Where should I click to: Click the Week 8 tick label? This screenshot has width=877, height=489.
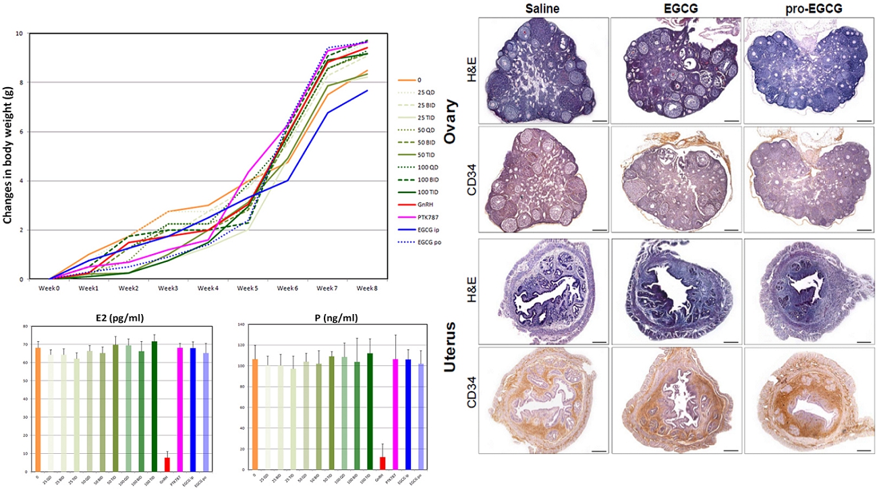coord(366,289)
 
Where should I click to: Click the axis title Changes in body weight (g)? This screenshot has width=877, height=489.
coord(9,156)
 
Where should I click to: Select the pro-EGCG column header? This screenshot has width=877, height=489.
coord(807,9)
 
